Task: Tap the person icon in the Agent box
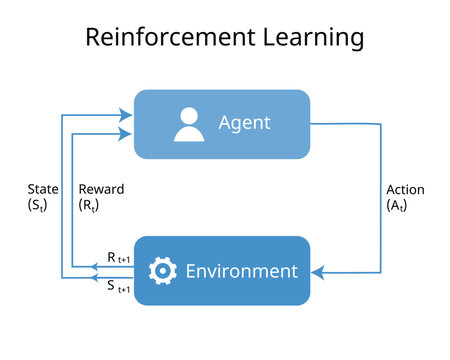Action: point(188,124)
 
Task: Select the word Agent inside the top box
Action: point(245,124)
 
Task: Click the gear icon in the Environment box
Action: point(162,271)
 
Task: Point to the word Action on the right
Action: point(405,190)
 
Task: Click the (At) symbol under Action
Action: point(397,206)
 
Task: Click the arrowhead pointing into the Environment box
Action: point(317,271)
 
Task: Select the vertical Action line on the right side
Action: point(381,200)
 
